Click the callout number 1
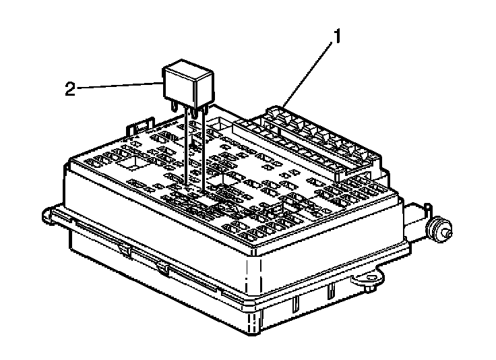(337, 36)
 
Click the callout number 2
(70, 89)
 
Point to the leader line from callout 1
(309, 74)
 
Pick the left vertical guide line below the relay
(186, 147)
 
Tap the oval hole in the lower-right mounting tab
(369, 278)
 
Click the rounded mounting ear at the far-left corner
(47, 215)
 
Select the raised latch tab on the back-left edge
(139, 125)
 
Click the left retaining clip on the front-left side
(125, 250)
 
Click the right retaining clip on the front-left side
(162, 269)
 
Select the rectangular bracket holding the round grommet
(416, 221)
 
